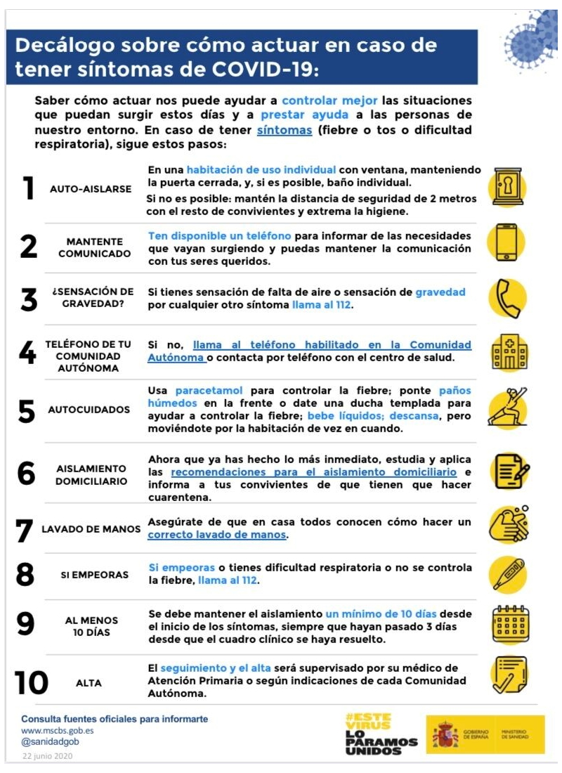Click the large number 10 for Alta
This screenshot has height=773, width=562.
click(x=32, y=682)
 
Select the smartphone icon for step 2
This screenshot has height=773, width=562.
click(x=507, y=242)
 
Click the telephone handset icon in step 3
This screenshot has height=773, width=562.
click(x=509, y=298)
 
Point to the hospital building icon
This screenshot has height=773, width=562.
click(x=510, y=352)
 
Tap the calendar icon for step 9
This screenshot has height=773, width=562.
click(x=510, y=624)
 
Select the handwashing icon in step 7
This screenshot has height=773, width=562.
click(x=509, y=525)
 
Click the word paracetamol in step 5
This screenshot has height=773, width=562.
click(x=209, y=391)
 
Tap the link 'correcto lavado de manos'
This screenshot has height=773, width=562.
click(x=217, y=534)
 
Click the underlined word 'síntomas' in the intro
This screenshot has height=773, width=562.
click(x=285, y=130)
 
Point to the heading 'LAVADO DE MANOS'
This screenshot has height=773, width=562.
click(x=91, y=529)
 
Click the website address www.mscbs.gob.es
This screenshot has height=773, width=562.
click(x=57, y=731)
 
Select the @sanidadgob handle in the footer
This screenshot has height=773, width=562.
click(x=50, y=741)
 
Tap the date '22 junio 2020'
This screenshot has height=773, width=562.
click(x=47, y=755)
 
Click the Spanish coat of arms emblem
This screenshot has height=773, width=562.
click(x=445, y=734)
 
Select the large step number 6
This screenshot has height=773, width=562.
click(x=26, y=473)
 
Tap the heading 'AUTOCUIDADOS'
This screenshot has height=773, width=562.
click(x=89, y=410)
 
